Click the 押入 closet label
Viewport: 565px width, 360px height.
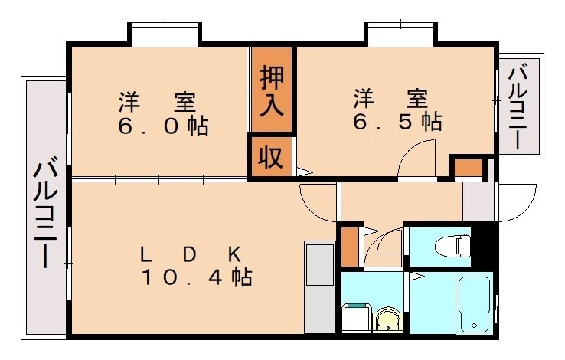tap(272, 90)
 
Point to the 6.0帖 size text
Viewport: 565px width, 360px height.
tap(162, 126)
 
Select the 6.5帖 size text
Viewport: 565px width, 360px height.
tap(397, 121)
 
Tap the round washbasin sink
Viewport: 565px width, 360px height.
tap(387, 319)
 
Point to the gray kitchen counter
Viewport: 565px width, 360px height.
tap(319, 287)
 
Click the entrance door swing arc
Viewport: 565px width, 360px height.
tap(516, 201)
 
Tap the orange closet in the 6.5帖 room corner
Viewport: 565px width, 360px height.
tap(467, 169)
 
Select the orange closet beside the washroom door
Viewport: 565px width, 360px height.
tap(350, 245)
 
